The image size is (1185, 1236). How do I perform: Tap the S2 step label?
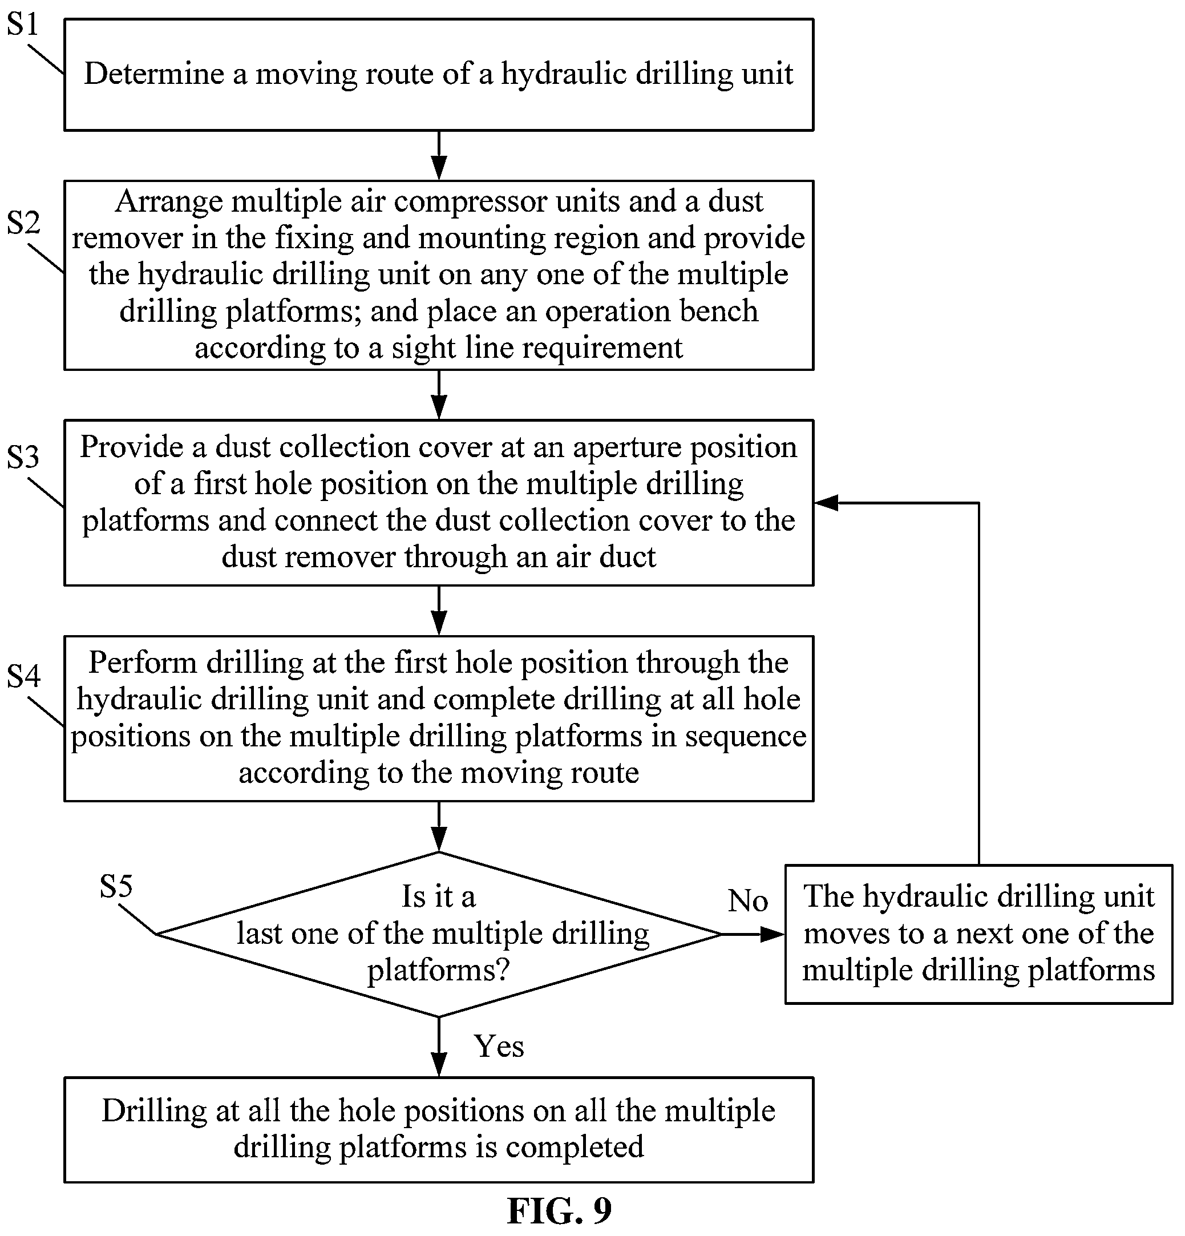click(23, 222)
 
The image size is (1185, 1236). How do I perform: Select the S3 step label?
click(23, 457)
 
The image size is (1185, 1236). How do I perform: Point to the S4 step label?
click(23, 676)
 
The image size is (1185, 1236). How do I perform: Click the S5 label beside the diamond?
click(116, 886)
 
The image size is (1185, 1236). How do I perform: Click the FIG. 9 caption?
click(559, 1210)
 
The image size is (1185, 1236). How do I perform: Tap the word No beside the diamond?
click(748, 900)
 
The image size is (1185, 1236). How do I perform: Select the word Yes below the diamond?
click(499, 1046)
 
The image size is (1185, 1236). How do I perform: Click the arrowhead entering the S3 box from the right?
click(826, 503)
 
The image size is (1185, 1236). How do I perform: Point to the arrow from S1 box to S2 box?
click(439, 155)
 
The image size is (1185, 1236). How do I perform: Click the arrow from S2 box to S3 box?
click(439, 395)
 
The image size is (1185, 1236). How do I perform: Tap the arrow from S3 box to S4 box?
click(439, 611)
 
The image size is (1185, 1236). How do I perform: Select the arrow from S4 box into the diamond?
click(439, 826)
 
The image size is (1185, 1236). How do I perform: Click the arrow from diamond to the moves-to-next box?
click(753, 934)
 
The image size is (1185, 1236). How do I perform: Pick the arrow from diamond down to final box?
click(439, 1047)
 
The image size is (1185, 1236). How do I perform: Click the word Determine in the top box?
click(155, 74)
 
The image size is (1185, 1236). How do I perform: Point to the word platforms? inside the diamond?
click(438, 970)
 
